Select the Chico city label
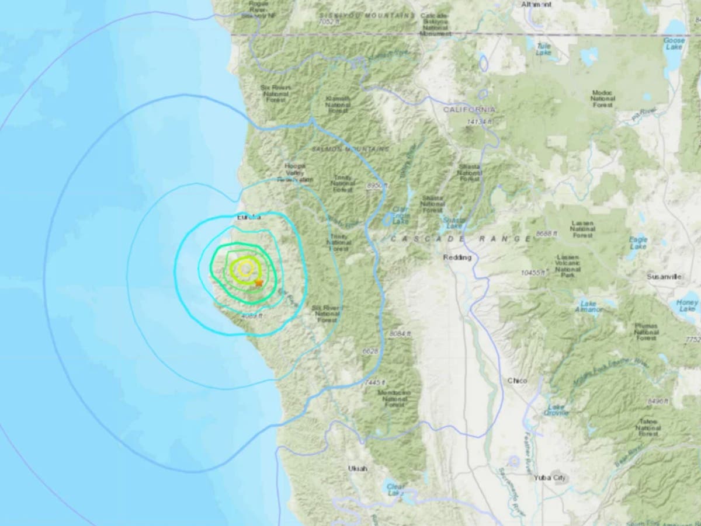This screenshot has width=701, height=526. [x=517, y=381]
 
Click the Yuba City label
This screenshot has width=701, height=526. [x=550, y=478]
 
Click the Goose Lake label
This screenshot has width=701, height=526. [x=675, y=44]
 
